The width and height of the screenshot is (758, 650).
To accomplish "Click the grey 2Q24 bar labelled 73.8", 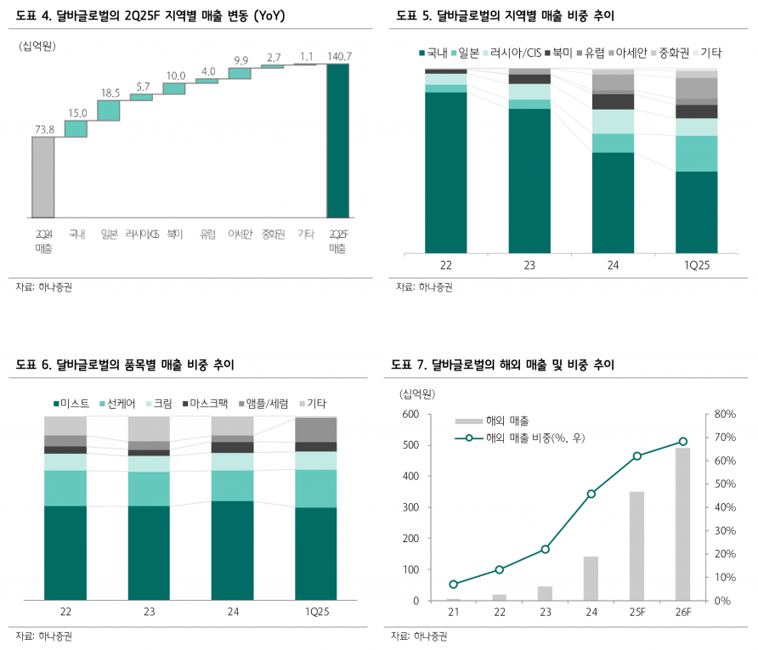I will pyautogui.click(x=43, y=176).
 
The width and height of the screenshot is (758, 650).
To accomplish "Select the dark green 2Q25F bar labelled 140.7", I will pyautogui.click(x=337, y=140).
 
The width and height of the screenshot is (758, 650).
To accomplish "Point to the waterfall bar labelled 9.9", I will pyautogui.click(x=240, y=74).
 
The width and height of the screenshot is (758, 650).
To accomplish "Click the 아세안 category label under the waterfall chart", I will pyautogui.click(x=240, y=235).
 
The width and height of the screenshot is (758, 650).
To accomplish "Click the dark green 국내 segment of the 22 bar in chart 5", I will pyautogui.click(x=446, y=171).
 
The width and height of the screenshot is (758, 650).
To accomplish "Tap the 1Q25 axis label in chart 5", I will pyautogui.click(x=697, y=265).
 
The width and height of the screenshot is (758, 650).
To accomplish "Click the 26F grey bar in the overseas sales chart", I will pyautogui.click(x=682, y=523).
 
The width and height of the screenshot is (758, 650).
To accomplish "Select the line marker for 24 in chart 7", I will pyautogui.click(x=591, y=494).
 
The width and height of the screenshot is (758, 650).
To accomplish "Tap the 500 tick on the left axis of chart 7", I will pyautogui.click(x=410, y=445).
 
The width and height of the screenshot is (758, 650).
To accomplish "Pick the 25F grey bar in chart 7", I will pyautogui.click(x=636, y=545).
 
